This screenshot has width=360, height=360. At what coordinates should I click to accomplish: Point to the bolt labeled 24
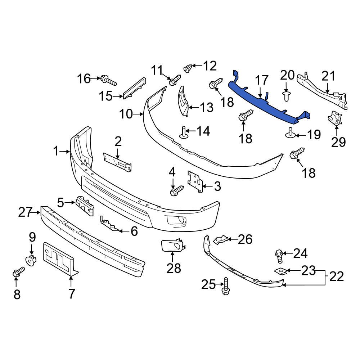click(x=279, y=255)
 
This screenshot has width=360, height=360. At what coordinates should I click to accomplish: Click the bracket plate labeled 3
click(x=194, y=182)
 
